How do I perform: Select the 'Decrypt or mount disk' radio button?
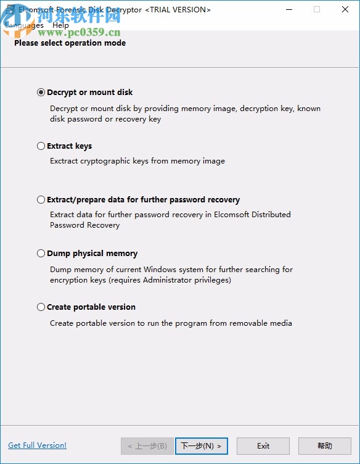click(x=41, y=93)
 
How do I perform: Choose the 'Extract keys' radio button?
click(x=41, y=146)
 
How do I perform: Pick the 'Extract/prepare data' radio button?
click(x=41, y=200)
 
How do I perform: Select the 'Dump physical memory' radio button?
click(x=41, y=254)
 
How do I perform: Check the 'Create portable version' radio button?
click(x=41, y=307)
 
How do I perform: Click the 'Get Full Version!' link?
click(x=37, y=445)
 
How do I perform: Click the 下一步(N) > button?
click(x=202, y=445)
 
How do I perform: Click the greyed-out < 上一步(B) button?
click(x=147, y=445)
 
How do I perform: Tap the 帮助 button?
click(x=324, y=445)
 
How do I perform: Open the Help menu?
click(x=61, y=25)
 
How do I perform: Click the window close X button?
click(x=345, y=9)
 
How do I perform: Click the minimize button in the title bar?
click(x=288, y=9)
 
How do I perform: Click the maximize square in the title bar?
click(x=317, y=9)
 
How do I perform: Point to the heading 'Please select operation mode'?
click(x=70, y=43)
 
